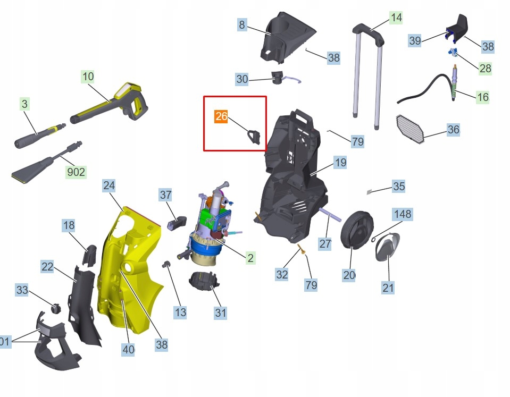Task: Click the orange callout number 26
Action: [x=221, y=116]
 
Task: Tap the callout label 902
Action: [x=76, y=172]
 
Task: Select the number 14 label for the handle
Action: [x=396, y=17]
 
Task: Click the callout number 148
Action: [x=403, y=214]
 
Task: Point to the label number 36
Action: [x=453, y=129]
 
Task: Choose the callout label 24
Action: [x=108, y=185]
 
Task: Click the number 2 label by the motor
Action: [x=250, y=258]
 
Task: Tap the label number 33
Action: [x=22, y=289]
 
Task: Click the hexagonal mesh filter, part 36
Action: [x=410, y=129]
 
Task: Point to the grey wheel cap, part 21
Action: [x=387, y=247]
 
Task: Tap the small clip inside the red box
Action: [x=254, y=137]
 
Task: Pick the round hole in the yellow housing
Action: [x=127, y=268]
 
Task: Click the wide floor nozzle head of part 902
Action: [x=31, y=171]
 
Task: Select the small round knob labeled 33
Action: [x=56, y=308]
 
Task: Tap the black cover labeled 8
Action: [x=286, y=37]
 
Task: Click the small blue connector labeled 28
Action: [x=452, y=52]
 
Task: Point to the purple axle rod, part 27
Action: [x=330, y=215]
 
